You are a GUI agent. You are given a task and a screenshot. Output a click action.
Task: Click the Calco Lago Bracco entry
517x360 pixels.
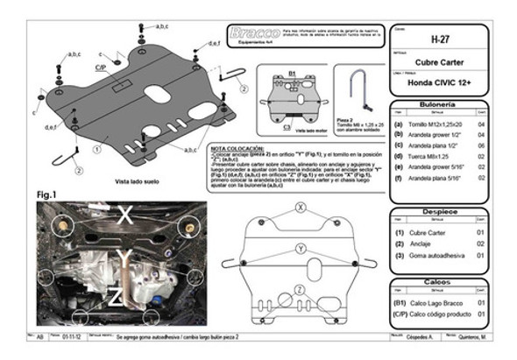[x=433, y=301]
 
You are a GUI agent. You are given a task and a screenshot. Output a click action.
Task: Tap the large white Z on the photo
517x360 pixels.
[x=115, y=298]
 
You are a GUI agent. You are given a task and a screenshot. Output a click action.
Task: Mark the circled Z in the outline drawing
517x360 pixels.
[x=299, y=289]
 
